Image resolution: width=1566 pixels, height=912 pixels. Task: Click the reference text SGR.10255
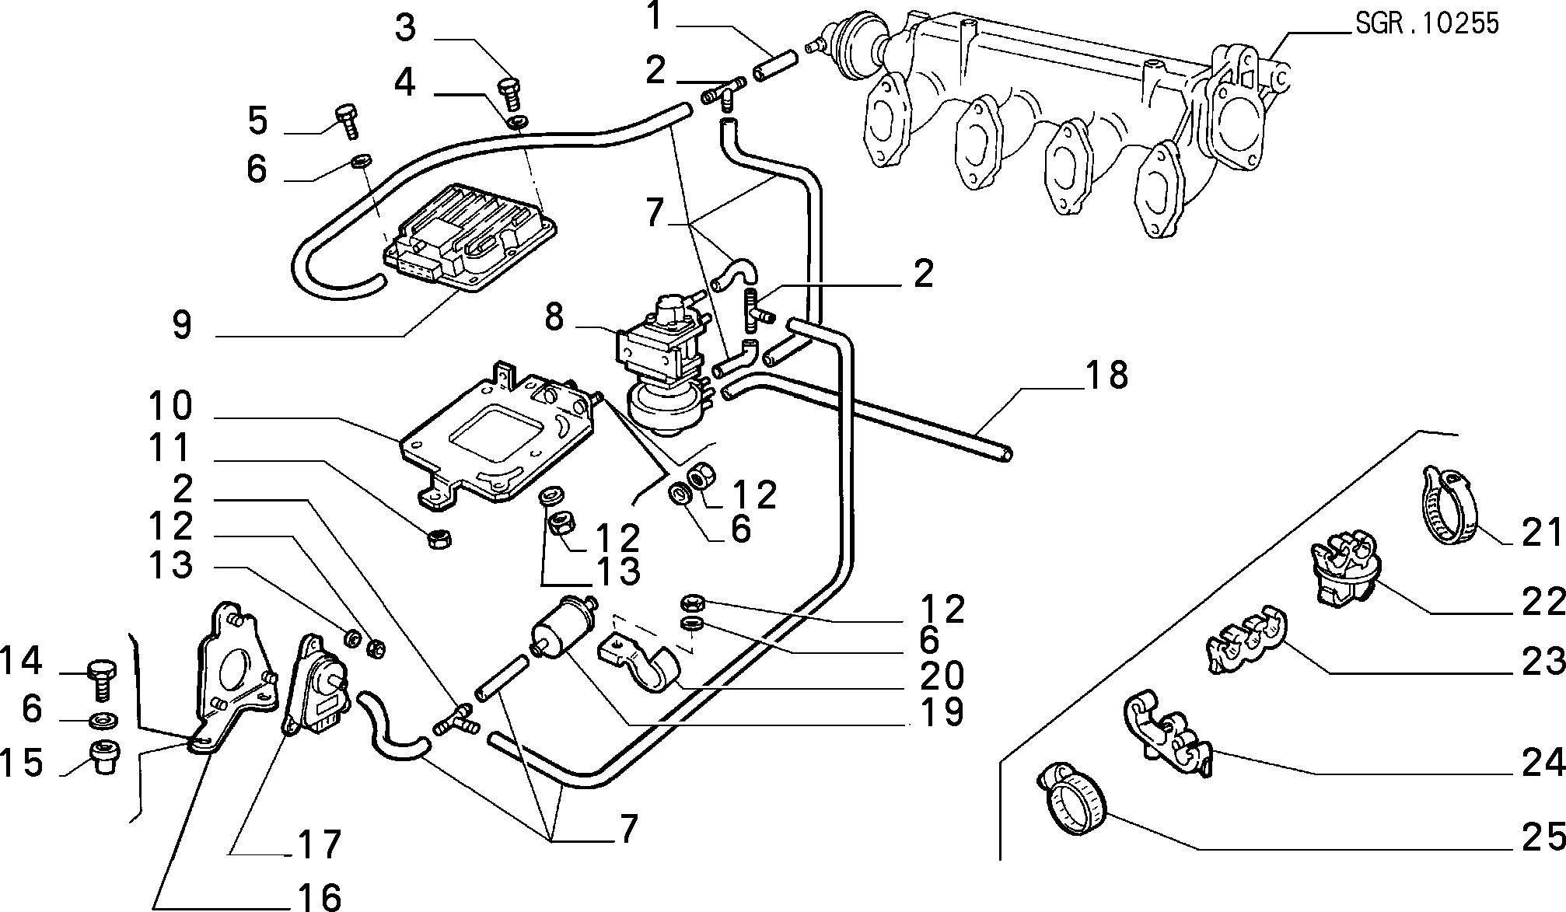point(1427,23)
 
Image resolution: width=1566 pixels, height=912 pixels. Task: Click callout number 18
point(1106,375)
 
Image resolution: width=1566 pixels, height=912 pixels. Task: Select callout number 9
point(182,325)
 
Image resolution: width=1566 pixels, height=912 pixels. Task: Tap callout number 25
point(1543,837)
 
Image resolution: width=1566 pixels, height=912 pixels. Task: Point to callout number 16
point(320,896)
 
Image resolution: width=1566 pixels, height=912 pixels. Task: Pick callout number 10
point(170,406)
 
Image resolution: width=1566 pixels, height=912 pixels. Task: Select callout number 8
point(554,317)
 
